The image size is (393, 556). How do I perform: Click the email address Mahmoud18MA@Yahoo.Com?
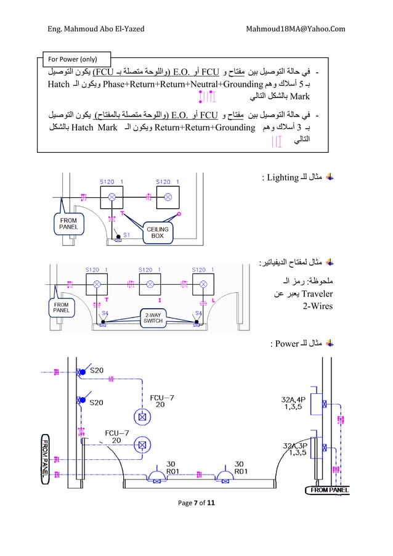295,28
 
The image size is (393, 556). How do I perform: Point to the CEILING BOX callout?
158,232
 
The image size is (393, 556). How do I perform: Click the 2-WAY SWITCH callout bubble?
150,317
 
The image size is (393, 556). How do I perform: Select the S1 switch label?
126,235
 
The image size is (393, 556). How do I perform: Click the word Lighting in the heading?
282,178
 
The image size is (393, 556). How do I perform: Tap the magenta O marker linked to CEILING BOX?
179,214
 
